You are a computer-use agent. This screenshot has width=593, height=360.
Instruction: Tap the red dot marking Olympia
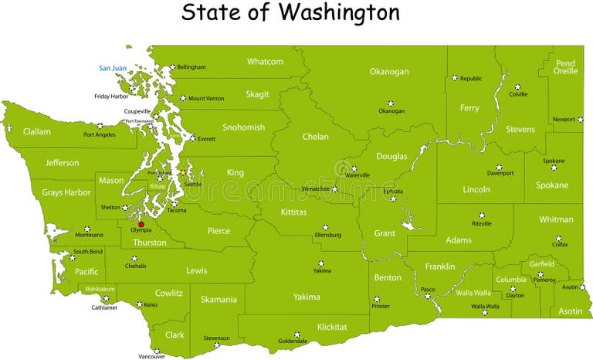pos(141,224)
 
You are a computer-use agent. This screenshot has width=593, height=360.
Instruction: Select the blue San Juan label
pos(112,68)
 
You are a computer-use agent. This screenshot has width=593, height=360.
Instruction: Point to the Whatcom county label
pos(265,62)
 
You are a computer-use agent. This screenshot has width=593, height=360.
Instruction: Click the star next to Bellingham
pos(172,67)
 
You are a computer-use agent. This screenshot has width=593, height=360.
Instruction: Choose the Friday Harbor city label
pos(111,97)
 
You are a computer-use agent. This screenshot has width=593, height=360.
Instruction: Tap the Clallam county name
pos(36,131)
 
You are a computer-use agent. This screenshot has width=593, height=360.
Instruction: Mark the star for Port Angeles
pos(100,125)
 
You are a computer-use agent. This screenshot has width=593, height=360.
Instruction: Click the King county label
pos(235,172)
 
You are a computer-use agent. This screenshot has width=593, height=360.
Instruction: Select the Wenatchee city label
pos(314,188)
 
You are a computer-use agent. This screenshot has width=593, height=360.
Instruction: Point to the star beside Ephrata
pos(393,199)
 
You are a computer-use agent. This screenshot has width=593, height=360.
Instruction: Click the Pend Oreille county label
pos(565,67)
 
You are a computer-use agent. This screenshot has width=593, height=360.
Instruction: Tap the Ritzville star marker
pos(482,216)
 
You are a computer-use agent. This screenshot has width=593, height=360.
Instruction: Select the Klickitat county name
pos(331,327)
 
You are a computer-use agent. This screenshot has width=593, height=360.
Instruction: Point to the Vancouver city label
pos(152,356)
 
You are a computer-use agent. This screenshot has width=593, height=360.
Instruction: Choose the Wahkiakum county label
pos(100,289)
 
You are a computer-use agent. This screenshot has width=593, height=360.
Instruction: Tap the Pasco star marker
pos(427,296)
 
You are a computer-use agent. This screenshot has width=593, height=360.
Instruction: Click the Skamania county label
pos(219,299)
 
